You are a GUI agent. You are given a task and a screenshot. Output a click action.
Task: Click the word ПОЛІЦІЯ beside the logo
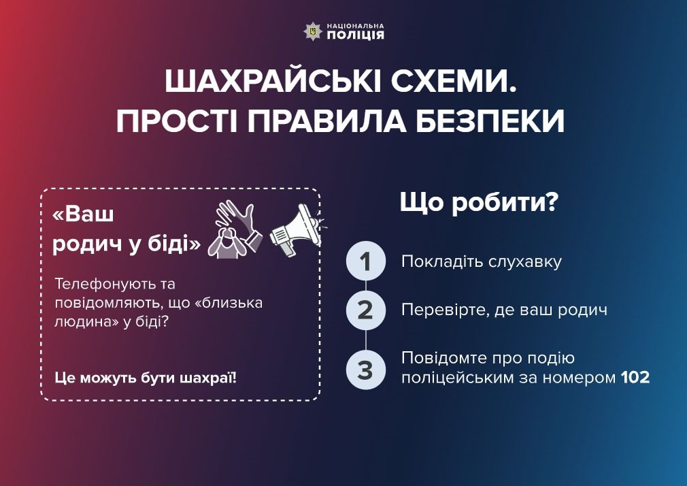point(355,35)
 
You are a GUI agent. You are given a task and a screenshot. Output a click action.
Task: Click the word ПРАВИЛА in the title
point(338,121)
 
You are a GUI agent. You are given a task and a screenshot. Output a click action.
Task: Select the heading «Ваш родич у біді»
point(127,229)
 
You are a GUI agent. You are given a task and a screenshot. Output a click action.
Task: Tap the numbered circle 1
point(366,261)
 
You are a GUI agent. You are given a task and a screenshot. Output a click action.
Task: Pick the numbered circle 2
point(366,310)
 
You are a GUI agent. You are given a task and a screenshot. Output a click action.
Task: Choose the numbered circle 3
point(366,370)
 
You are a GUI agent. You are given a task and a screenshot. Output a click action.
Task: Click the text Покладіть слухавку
point(482,261)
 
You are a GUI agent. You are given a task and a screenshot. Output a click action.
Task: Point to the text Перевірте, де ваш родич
point(503,310)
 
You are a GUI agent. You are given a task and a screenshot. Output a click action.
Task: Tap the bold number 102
point(635,377)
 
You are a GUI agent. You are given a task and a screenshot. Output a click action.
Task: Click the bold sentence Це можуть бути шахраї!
point(146,376)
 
